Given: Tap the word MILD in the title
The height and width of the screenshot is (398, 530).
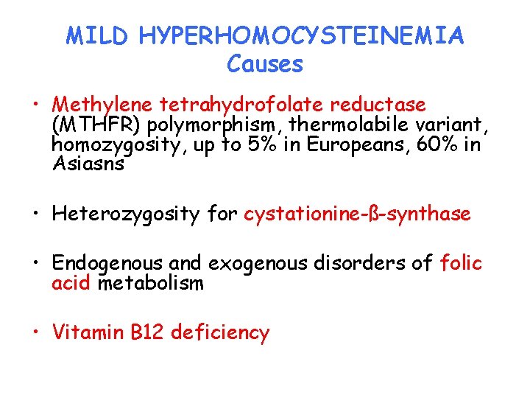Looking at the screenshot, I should (97, 36).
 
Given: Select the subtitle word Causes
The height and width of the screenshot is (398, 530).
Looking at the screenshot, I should (265, 64).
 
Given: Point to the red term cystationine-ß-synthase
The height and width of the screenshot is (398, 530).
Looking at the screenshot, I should (357, 214).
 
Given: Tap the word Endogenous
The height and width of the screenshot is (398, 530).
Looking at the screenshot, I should (108, 263).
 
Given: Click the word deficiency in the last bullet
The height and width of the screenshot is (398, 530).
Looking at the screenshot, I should (220, 332).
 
